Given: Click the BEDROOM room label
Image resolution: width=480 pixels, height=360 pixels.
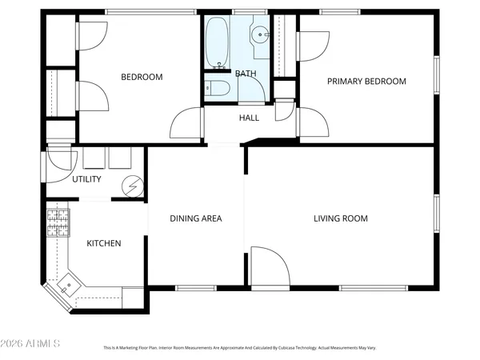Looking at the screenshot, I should point(142,78).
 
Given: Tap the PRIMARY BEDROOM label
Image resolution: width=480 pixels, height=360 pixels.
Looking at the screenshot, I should point(366,81).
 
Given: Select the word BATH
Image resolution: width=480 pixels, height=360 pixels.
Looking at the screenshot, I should point(246,74).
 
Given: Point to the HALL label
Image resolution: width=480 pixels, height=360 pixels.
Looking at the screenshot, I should point(249,118).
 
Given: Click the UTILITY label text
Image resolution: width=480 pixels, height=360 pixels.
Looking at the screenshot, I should point(86,179).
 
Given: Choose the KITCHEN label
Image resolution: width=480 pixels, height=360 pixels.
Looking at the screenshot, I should point(104,243).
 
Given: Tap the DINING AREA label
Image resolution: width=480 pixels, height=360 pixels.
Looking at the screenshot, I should point(196,218).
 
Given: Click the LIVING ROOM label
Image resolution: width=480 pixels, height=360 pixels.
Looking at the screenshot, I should point(340,218).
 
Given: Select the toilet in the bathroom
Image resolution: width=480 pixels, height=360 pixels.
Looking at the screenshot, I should point(214,89).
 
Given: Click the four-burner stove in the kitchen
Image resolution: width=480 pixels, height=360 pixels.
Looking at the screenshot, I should point(58,223).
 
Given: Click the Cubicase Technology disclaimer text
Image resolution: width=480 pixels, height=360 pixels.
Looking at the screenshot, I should point(240,348).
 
